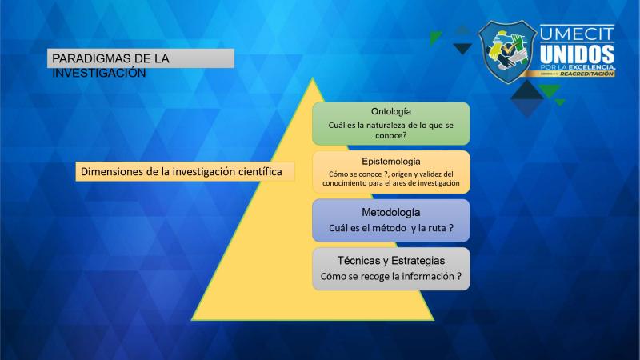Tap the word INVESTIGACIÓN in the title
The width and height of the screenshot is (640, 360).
click(98, 73)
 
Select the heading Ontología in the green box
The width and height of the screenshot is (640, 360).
click(391, 112)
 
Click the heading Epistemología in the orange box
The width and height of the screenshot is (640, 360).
click(391, 162)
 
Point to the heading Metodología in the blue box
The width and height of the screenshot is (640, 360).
click(391, 212)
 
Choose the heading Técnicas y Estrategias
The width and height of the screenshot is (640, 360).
click(391, 261)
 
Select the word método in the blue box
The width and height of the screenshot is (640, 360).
click(390, 228)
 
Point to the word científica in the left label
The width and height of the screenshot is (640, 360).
click(261, 171)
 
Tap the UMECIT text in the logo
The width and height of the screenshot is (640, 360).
click(577, 34)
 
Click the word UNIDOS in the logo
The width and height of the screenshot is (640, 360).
click(577, 54)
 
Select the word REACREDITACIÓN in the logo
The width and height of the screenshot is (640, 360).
click(586, 74)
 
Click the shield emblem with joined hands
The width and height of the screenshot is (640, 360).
click(507, 52)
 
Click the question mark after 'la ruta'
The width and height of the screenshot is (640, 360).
click(451, 228)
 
